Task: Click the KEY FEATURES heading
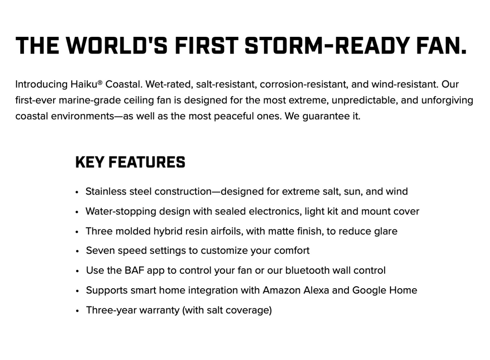[x=130, y=162]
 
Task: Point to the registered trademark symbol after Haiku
[x=100, y=82]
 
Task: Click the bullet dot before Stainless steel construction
[x=77, y=192]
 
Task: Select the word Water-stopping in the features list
[x=121, y=212]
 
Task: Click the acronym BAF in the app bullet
[x=134, y=270]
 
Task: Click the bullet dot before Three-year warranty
[x=77, y=311]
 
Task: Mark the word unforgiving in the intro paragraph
[x=447, y=101]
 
